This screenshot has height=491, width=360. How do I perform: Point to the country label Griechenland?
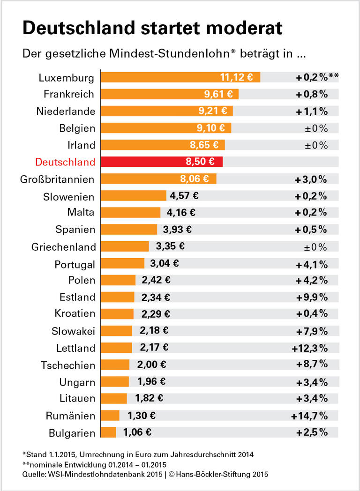point(63,247)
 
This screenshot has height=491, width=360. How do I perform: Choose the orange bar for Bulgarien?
point(109,432)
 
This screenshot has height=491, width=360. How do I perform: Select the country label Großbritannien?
point(58,179)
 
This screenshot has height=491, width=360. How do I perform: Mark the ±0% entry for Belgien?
point(316,128)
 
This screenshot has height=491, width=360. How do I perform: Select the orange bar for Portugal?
point(123,264)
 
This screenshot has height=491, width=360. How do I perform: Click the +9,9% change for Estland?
point(311,298)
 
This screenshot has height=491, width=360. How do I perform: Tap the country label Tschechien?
point(68,365)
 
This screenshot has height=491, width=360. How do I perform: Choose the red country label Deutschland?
point(65,162)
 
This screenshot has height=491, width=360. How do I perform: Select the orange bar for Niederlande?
point(167,112)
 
